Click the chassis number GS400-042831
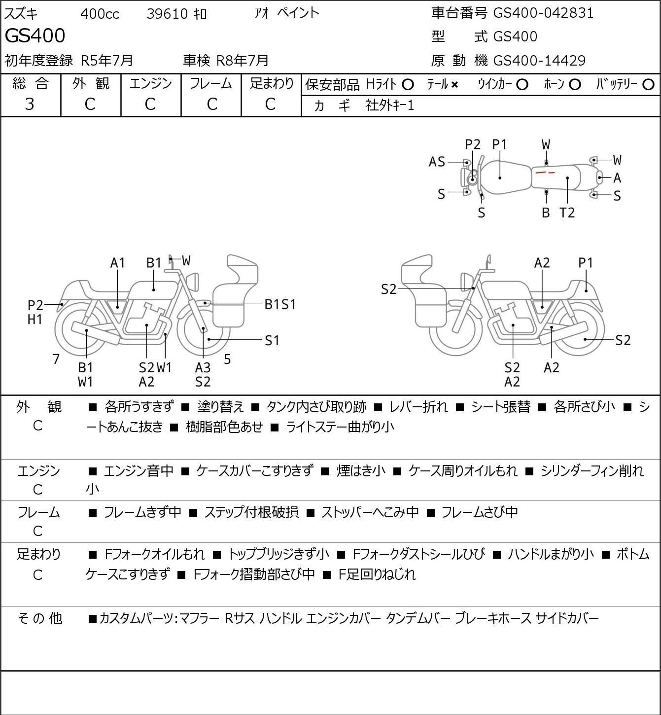point(543,13)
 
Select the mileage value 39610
point(167,14)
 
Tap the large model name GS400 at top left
point(35,36)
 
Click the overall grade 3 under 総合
point(30,104)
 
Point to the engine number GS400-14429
point(539,61)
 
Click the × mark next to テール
point(454,85)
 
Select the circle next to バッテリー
point(648,85)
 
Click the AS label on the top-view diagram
point(437,162)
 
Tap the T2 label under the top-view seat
point(567,213)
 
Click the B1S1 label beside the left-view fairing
point(280,305)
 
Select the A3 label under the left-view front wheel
point(203,367)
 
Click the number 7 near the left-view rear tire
point(56,359)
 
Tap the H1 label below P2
point(35,320)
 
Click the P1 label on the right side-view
point(586,263)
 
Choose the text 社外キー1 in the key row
point(390,106)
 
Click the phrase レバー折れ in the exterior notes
point(418,407)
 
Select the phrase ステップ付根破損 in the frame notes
point(252,512)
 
